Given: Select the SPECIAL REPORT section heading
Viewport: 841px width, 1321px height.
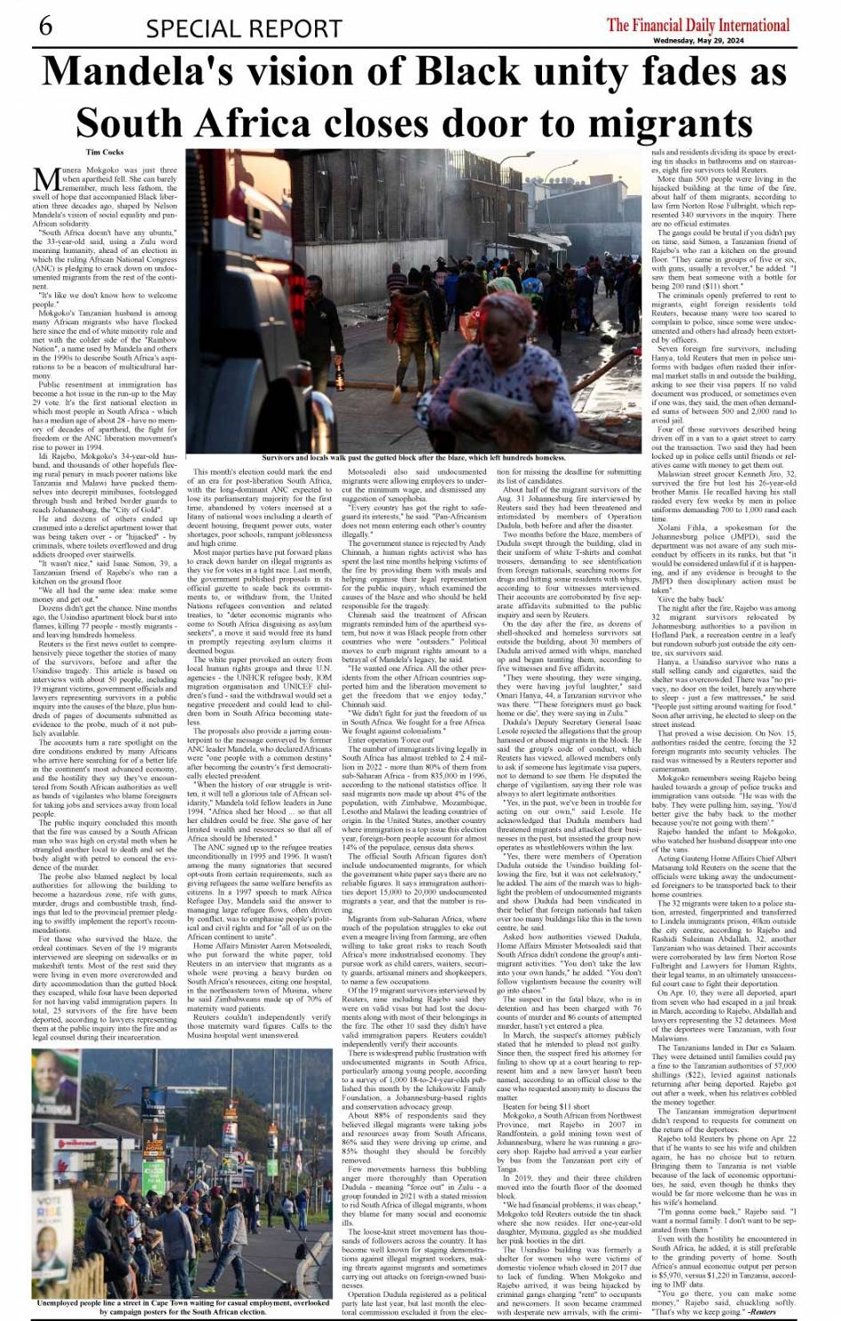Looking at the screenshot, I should point(244,29).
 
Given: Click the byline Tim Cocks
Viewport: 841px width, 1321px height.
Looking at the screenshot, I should point(105,152).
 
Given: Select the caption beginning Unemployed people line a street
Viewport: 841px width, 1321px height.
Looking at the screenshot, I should point(182,1307).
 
